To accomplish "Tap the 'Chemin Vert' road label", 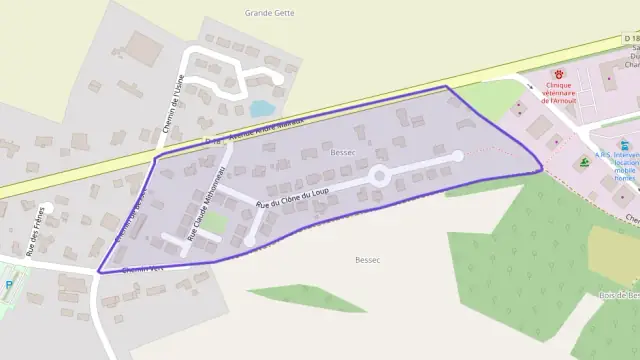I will pos(138,269).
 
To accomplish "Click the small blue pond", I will pos(262,108).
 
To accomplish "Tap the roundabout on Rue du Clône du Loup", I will pos(379,176).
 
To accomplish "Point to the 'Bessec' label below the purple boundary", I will pos(367,259).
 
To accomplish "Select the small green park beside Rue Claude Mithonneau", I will pos(214,221).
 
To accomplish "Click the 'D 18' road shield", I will pos(631,38).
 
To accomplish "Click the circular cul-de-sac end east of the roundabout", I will pos(458,156).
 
